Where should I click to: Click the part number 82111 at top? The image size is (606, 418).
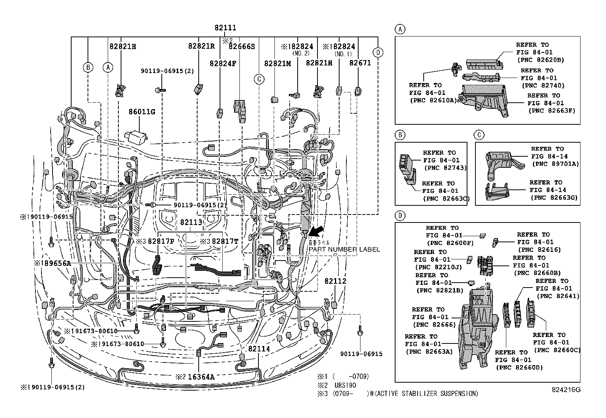pos(225,28)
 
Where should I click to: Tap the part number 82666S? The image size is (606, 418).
pos(241,46)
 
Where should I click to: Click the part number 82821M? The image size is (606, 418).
pos(277,64)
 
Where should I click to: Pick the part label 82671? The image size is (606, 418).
pos(360,63)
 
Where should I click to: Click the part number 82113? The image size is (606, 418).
pos(191,222)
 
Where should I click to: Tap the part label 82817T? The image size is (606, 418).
pos(225,241)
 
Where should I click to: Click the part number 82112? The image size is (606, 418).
pos(335,281)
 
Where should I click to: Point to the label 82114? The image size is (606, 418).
pos(259,348)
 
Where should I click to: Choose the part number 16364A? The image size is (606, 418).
pos(200,377)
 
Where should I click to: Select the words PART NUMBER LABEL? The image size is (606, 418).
pos(344,250)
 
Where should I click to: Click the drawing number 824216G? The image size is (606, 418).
pos(566,389)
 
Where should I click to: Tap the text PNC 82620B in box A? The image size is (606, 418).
pos(540,60)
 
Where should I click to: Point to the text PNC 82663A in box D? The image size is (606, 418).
pos(429,351)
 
